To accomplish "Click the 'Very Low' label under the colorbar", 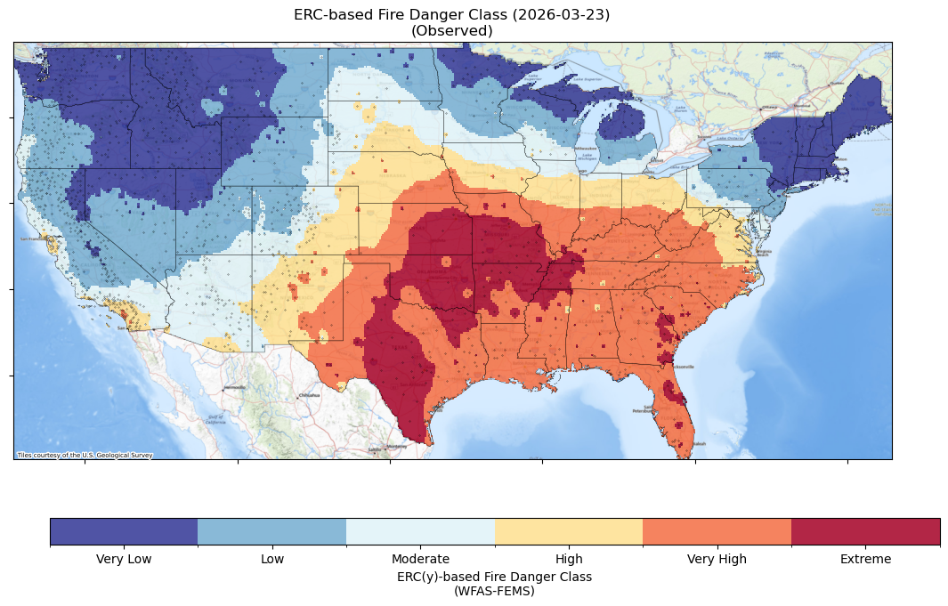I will (124, 559).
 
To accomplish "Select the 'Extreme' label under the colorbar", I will (865, 559).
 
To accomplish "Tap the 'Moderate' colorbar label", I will (420, 559).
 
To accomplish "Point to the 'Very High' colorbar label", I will (717, 559).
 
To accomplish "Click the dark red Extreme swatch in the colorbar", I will (865, 531).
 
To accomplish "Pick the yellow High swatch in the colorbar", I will (568, 531).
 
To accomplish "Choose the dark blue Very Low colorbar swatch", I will (124, 531).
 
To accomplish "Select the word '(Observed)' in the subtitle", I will (451, 30).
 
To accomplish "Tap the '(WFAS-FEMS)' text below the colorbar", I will (494, 590).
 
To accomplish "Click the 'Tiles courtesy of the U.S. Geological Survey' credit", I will (85, 456).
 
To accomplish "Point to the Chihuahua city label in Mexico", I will (309, 394).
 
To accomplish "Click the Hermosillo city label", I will (235, 388).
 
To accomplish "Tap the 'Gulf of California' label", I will (215, 419).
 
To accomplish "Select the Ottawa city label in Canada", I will (767, 107).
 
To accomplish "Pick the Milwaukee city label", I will (585, 148).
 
